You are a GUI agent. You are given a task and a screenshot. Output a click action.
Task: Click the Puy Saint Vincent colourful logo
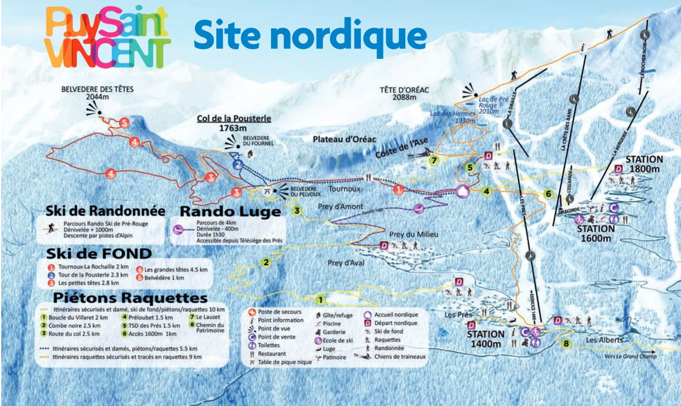[x=108, y=37]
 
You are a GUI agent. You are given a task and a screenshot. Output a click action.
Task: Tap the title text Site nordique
[x=310, y=34]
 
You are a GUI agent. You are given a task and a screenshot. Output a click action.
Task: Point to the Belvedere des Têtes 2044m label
[x=97, y=94]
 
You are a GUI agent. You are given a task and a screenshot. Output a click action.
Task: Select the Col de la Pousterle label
[x=234, y=123]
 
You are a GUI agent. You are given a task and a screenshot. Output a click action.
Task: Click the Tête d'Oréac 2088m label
[x=405, y=93]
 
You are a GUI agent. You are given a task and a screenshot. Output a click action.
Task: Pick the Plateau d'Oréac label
[x=344, y=139]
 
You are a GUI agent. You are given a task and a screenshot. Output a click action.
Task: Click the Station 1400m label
[x=485, y=340]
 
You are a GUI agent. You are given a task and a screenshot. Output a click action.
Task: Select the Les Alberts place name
[x=604, y=340]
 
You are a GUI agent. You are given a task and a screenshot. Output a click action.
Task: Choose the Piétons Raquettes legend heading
[x=129, y=298]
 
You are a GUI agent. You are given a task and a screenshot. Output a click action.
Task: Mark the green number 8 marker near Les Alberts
[x=566, y=344]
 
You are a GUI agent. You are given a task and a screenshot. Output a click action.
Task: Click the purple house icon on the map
[x=462, y=191]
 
